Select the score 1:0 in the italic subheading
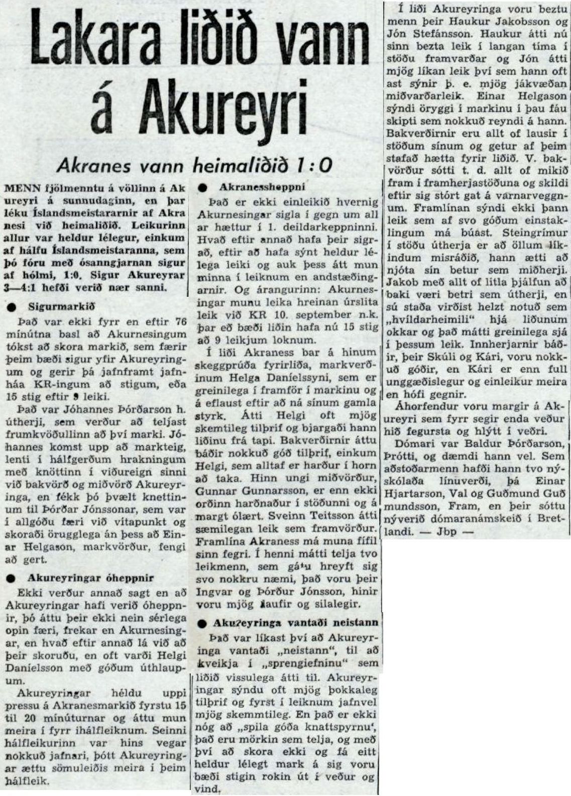[x=315, y=164]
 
